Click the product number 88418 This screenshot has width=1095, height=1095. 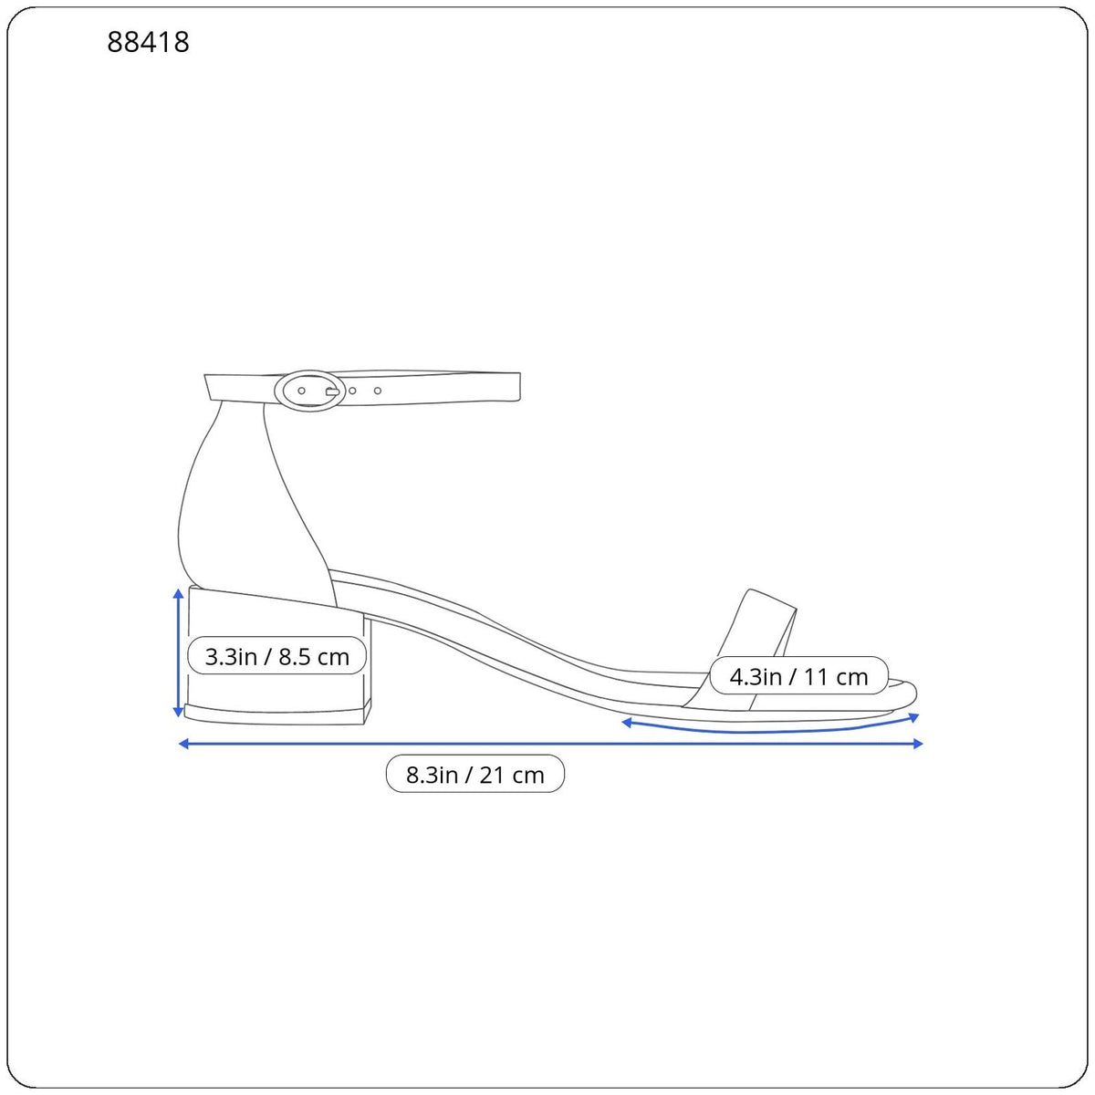click(148, 42)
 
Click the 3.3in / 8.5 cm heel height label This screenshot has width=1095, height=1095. click(276, 656)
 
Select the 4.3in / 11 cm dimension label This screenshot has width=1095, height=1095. click(798, 676)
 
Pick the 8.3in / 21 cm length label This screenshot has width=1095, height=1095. click(475, 775)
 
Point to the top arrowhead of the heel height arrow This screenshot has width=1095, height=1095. click(178, 594)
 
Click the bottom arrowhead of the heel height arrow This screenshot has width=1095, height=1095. click(178, 711)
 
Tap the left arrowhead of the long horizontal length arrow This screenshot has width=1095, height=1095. click(184, 744)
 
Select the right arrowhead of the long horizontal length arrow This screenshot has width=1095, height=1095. click(917, 744)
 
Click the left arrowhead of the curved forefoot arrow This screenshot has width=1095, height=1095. click(627, 723)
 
